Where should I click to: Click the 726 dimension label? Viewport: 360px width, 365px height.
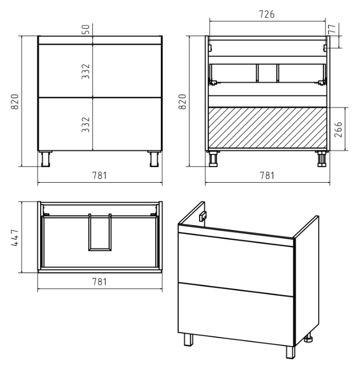point(267,14)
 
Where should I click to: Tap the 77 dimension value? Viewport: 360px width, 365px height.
point(333,29)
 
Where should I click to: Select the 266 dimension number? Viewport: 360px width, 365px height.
point(338,129)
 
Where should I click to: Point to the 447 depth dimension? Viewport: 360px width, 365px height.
point(15,238)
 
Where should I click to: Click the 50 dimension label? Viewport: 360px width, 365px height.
point(86,29)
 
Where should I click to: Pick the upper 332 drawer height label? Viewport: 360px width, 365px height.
point(86,72)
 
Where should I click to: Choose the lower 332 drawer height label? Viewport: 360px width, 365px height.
point(86,124)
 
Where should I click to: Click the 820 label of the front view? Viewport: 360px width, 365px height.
point(15,101)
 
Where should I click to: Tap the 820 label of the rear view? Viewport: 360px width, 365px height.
point(182,101)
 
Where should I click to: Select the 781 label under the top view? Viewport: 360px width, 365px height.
point(100,281)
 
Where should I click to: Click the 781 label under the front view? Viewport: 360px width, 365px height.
point(100,175)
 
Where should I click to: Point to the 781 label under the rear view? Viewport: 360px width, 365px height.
point(267,175)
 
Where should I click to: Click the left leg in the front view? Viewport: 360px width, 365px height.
point(45,159)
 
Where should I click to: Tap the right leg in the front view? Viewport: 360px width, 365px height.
point(154,159)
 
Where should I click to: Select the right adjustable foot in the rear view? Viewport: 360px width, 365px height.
point(322,159)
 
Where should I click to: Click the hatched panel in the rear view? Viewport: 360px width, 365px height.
point(268,127)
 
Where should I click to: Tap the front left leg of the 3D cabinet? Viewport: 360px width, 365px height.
point(189,340)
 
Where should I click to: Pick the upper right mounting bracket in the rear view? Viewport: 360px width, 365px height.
point(326,48)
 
